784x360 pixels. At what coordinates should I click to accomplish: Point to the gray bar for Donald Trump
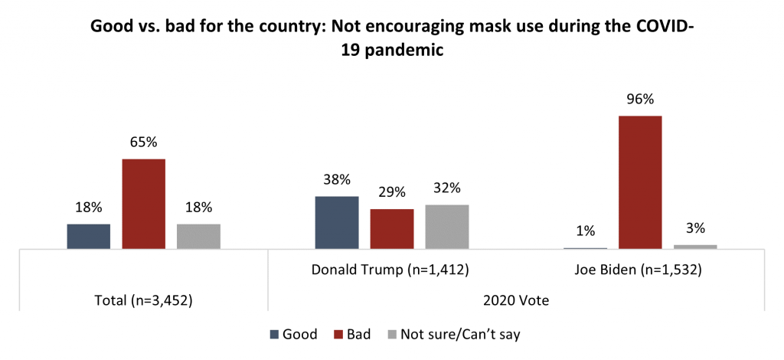(446, 227)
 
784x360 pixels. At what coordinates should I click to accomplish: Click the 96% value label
(640, 100)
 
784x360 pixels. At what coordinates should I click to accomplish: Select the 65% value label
(144, 142)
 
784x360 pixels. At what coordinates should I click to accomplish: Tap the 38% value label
(337, 180)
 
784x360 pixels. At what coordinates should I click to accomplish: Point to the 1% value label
(586, 231)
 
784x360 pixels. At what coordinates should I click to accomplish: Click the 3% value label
(695, 227)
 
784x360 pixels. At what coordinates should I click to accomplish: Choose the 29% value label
(392, 192)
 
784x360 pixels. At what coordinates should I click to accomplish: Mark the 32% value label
(446, 188)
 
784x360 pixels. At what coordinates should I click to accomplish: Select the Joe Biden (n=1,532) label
(641, 270)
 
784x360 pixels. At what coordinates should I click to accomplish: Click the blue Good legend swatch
(275, 334)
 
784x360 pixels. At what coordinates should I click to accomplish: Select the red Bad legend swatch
(341, 334)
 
